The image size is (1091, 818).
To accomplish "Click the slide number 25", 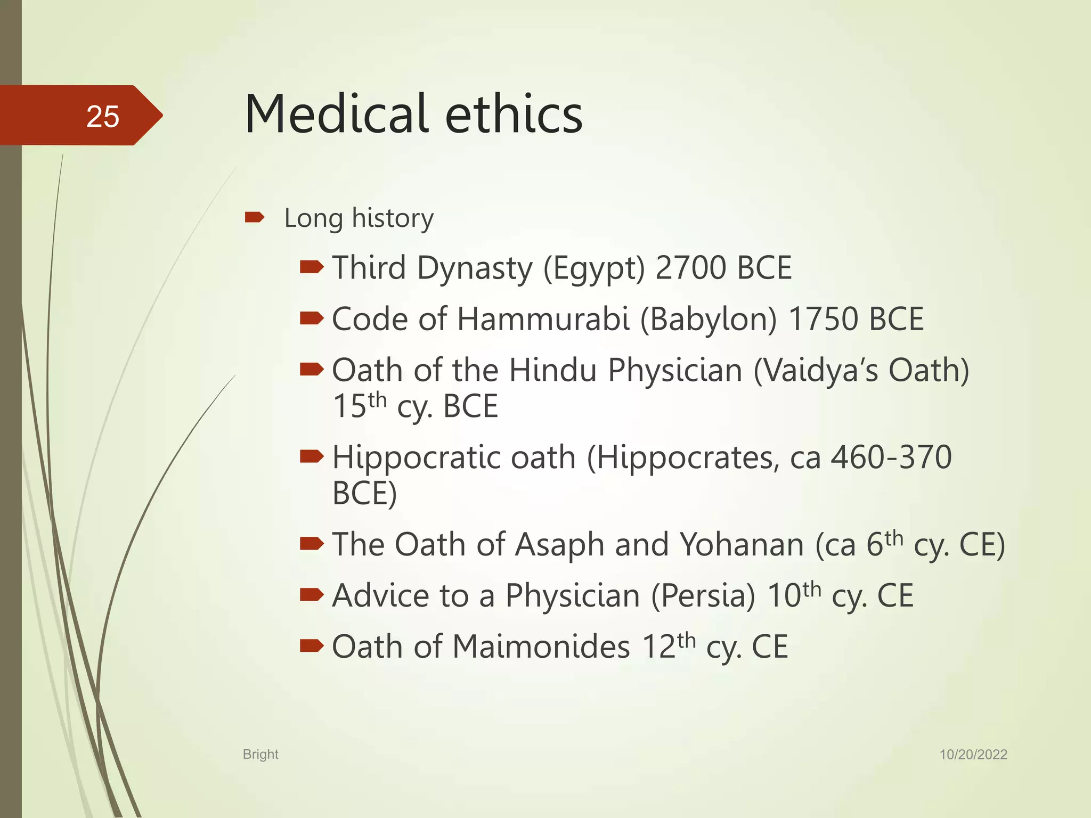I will (x=102, y=116).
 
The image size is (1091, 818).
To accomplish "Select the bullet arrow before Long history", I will (x=255, y=217).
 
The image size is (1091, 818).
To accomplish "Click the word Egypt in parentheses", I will (x=594, y=268).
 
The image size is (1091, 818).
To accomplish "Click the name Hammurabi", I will (x=543, y=320).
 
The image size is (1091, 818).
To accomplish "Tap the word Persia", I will (x=703, y=596).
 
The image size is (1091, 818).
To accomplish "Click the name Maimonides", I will (x=541, y=647).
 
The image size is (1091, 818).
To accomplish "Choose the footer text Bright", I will (x=260, y=754).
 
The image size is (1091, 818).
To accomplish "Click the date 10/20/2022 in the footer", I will (x=973, y=755).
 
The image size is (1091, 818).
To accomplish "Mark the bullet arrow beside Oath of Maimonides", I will (x=312, y=646).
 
